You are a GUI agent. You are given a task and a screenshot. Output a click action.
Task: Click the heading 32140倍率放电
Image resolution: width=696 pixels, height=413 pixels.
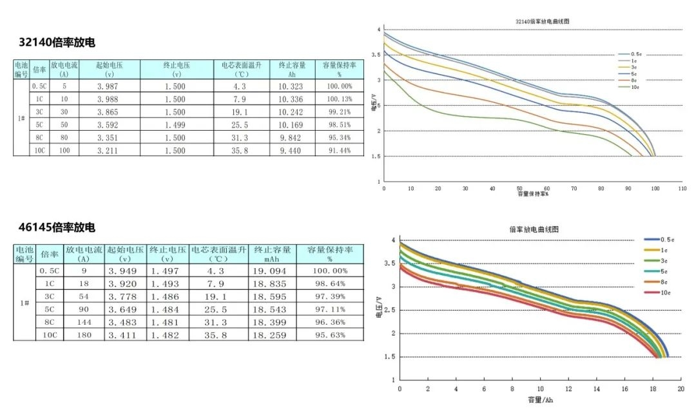pos(57,43)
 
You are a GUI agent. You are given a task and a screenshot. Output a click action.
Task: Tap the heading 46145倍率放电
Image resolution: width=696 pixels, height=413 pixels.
pos(57,227)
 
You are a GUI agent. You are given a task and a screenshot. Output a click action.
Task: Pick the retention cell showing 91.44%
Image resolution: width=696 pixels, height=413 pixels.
pos(339,150)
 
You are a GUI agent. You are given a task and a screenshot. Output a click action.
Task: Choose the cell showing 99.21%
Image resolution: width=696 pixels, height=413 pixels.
pos(339,112)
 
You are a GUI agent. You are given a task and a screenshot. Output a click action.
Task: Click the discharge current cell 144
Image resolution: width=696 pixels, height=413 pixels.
pos(83,322)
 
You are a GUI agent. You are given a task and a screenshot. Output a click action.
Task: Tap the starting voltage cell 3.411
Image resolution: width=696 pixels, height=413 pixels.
pos(126,335)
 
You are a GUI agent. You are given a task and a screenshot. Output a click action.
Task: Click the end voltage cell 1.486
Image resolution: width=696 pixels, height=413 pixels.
pos(167,296)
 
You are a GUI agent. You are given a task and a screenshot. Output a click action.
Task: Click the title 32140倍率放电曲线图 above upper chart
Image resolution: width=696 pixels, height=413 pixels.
pos(543,21)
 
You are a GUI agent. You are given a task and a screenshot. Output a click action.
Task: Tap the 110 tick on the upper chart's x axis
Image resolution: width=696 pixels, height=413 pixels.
pos(682,188)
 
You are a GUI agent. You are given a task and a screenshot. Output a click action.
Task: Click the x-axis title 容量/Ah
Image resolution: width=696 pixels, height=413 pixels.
pos(540,400)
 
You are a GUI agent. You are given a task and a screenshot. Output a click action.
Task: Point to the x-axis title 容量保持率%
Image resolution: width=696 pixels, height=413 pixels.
pos(536,194)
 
